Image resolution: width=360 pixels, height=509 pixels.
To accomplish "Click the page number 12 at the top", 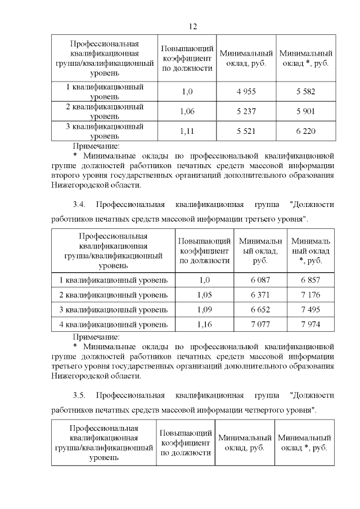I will pyautogui.click(x=192, y=26).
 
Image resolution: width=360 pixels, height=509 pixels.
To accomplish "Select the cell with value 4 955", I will pyautogui.click(x=246, y=91).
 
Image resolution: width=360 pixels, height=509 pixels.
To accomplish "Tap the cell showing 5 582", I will pyautogui.click(x=305, y=91).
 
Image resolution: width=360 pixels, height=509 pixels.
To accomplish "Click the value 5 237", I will pyautogui.click(x=246, y=111).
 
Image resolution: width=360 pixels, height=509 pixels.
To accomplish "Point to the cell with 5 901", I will pyautogui.click(x=305, y=111).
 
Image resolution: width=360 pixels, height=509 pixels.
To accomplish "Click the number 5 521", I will pyautogui.click(x=246, y=131).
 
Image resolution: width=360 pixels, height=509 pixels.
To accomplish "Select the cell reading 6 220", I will pyautogui.click(x=305, y=131).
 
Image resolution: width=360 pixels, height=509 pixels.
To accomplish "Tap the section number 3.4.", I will pyautogui.click(x=79, y=204).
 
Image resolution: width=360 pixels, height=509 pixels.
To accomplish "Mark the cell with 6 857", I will pyautogui.click(x=310, y=280).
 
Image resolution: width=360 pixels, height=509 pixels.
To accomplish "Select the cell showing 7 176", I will pyautogui.click(x=310, y=295).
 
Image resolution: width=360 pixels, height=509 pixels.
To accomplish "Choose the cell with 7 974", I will pyautogui.click(x=310, y=325).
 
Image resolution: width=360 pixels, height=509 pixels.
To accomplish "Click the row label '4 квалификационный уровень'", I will pyautogui.click(x=113, y=325).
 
